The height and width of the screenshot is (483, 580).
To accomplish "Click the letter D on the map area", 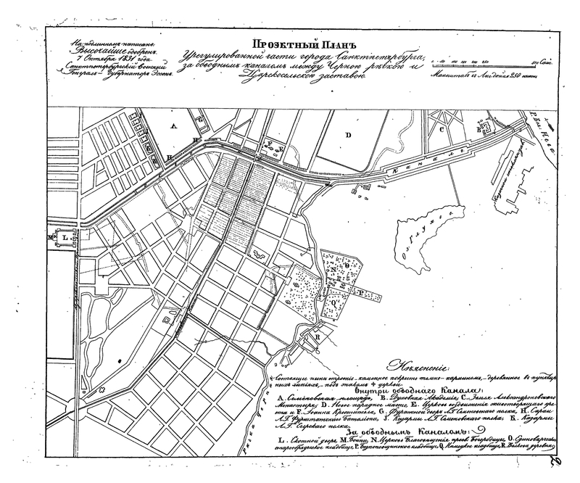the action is (347, 135).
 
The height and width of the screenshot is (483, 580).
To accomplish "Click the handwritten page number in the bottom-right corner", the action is (556, 464).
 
